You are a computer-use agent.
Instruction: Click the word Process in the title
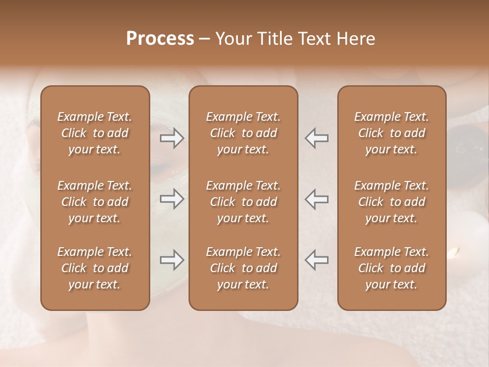coord(160,39)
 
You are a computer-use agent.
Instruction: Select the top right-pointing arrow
coord(172,138)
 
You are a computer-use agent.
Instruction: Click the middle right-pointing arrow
coord(172,199)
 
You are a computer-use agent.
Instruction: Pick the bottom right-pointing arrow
coord(172,260)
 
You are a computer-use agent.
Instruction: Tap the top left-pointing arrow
coord(317,138)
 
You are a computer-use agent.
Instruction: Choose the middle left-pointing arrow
coord(317,199)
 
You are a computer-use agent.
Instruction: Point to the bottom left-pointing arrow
coord(317,260)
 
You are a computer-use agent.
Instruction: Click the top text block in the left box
coord(95,133)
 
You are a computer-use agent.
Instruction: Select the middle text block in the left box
coord(95,202)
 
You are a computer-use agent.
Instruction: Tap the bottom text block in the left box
coord(95,268)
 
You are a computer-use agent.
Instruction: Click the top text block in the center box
coord(243,133)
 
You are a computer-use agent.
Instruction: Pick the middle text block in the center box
coord(243,202)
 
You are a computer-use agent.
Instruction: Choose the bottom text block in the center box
coord(243,268)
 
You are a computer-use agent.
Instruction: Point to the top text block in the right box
coord(392,133)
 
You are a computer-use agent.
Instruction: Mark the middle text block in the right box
coord(392,202)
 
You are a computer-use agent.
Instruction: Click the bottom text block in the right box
coord(392,268)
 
